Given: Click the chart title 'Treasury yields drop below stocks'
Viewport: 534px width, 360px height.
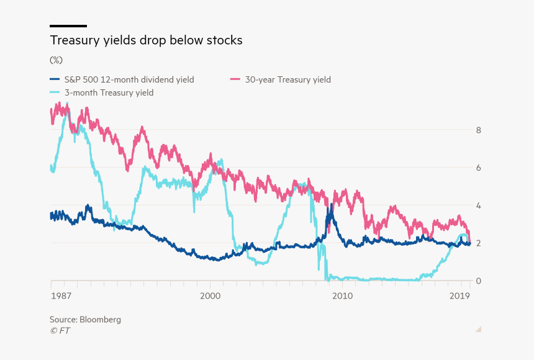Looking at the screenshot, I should tap(146, 41).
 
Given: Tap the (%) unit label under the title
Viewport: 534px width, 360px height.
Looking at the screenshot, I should tap(56, 60).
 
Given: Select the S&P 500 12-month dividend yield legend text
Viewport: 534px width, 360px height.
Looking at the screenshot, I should tap(130, 79).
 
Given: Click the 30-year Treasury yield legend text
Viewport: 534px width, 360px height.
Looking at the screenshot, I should tap(287, 79).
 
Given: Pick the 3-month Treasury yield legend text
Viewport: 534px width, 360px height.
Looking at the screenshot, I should tap(109, 92).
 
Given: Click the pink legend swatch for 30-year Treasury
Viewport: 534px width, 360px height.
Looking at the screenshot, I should tap(235, 79).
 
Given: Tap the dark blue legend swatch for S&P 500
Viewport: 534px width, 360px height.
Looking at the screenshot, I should tap(55, 79).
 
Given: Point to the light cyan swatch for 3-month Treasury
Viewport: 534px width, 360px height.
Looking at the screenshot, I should tap(55, 92).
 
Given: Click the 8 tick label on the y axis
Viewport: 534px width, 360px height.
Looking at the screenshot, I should tap(479, 130).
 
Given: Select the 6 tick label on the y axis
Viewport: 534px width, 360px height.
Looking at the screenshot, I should tap(479, 168).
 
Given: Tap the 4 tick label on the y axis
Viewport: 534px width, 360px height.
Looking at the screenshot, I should tap(479, 205).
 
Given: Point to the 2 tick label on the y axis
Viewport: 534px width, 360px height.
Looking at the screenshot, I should tap(479, 243).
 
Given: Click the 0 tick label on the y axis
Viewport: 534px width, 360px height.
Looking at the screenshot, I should tap(479, 281).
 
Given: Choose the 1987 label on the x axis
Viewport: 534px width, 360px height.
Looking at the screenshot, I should tap(61, 296).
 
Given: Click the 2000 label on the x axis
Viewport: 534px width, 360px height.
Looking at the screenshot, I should tap(210, 296).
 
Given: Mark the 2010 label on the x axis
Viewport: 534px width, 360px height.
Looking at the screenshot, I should tap(342, 296).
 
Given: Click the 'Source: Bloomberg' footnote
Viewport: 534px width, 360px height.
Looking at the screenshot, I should tap(85, 320).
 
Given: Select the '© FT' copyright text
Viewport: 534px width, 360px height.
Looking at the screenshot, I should tap(60, 331).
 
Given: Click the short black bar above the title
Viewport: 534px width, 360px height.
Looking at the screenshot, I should tap(68, 26).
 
